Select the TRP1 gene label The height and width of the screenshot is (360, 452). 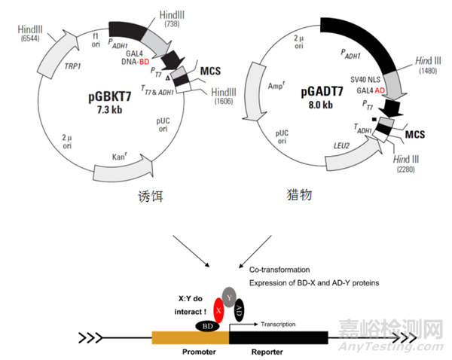coord(72,66)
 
